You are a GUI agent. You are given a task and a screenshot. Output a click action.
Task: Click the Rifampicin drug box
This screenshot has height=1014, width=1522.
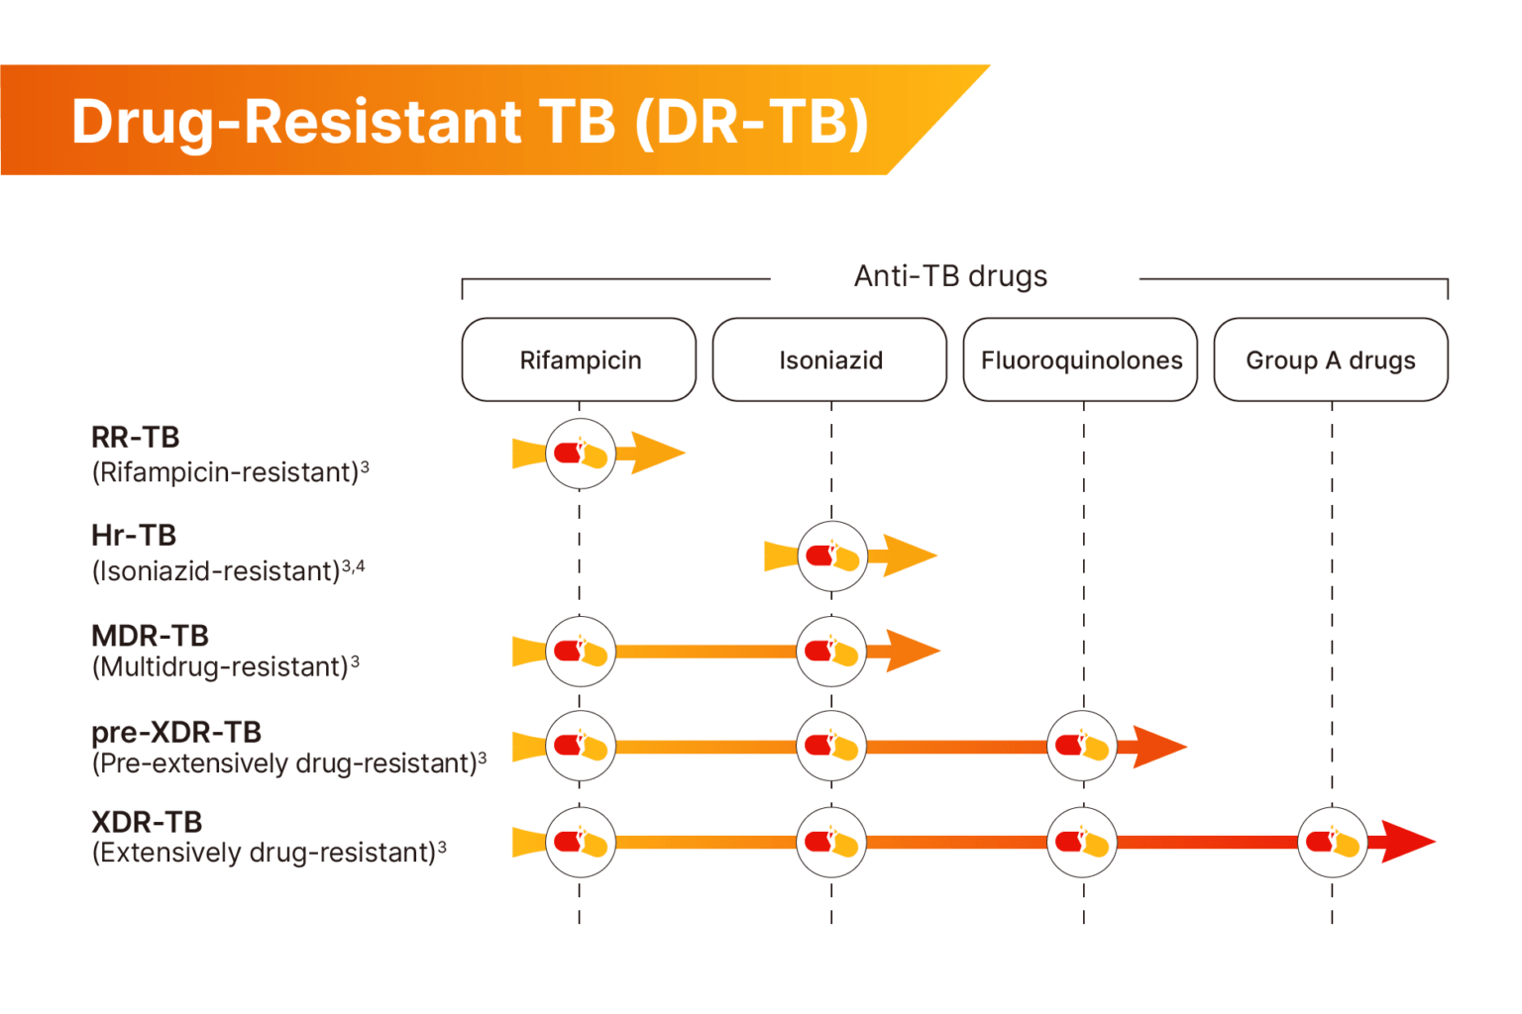tap(580, 359)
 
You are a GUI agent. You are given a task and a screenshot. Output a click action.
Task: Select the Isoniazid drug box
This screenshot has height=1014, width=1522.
tap(830, 359)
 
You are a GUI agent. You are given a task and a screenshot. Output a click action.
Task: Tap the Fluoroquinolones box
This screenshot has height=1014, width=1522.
tap(1081, 359)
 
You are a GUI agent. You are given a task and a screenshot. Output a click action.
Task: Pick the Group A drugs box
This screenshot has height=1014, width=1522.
tap(1331, 359)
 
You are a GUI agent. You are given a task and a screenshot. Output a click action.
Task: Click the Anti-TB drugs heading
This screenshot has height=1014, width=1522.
tap(950, 276)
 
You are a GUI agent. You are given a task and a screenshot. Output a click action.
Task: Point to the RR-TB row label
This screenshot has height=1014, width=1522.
tap(136, 437)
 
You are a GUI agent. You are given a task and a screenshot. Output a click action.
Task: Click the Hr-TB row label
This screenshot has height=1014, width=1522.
tap(134, 535)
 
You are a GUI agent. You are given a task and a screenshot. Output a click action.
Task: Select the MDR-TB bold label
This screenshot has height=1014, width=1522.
tap(150, 635)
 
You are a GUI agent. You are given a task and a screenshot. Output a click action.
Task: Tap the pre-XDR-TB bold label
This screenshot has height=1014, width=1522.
tap(176, 732)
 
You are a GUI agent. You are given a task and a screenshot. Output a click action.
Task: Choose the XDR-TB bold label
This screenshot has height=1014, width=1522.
tap(147, 822)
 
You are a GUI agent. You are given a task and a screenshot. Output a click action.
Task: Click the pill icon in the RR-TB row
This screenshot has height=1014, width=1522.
tap(581, 455)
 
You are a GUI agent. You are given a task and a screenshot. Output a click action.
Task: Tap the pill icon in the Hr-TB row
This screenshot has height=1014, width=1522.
tap(832, 556)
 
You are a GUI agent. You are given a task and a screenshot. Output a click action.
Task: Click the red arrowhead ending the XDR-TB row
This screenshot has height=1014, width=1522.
tap(1407, 842)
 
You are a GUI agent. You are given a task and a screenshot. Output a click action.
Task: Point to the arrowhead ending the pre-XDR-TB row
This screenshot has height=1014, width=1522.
tap(1157, 747)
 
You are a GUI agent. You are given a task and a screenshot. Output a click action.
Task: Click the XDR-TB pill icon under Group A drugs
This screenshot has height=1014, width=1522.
tap(1333, 842)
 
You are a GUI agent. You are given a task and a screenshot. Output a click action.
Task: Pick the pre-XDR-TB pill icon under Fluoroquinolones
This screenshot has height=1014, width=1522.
tap(1082, 746)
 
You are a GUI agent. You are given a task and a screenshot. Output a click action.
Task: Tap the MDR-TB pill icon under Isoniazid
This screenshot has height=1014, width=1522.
tap(831, 651)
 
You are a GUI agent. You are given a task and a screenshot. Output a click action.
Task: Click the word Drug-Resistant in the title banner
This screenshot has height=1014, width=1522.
tap(295, 122)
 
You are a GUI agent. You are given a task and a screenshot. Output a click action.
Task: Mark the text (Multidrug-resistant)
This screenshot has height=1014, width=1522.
tap(220, 667)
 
